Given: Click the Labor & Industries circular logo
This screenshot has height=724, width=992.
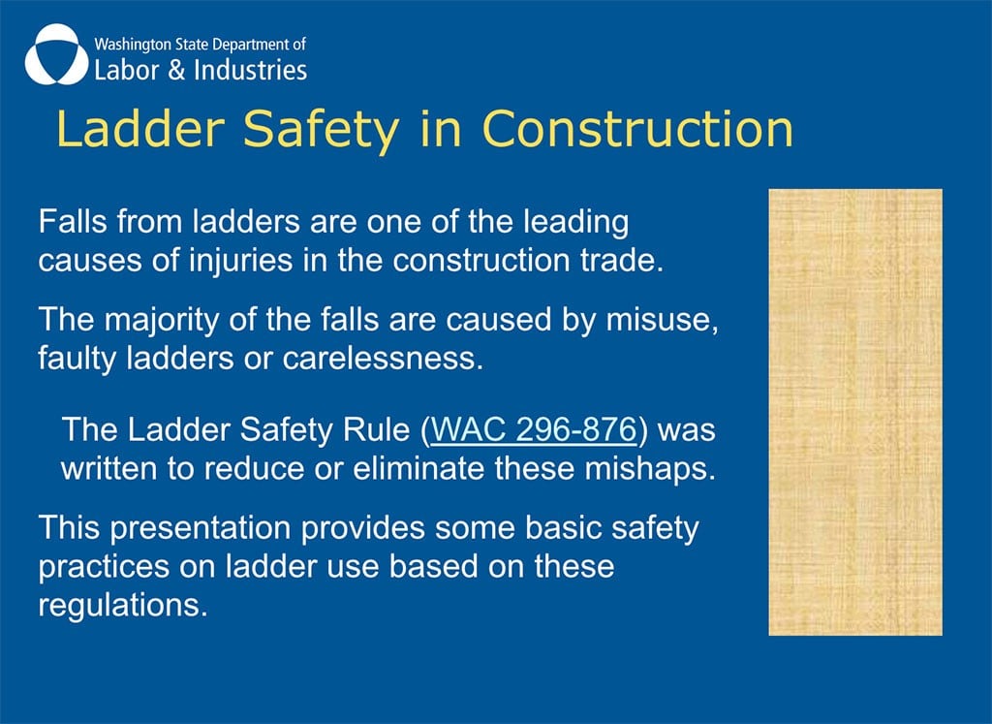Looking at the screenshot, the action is pos(56,55).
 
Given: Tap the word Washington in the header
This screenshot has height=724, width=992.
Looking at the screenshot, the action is pos(132,46).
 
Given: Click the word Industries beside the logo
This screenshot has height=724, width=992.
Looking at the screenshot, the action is pos(251,70).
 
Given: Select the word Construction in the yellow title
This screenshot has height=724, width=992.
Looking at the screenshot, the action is pos(637,129).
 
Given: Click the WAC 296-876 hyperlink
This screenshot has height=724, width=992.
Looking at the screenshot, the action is pos(533,429).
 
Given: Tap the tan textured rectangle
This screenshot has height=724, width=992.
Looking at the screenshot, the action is pos(855,412).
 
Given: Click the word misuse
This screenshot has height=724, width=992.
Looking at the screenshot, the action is pos(662,320).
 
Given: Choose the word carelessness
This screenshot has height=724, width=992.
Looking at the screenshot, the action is pos(383,359).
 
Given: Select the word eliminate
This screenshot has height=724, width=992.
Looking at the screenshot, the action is pos(418,469).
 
